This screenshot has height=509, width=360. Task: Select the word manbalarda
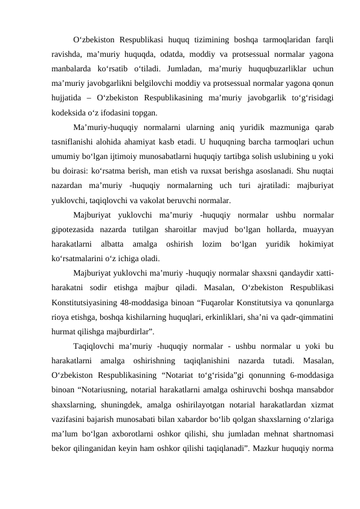[73, 69]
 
